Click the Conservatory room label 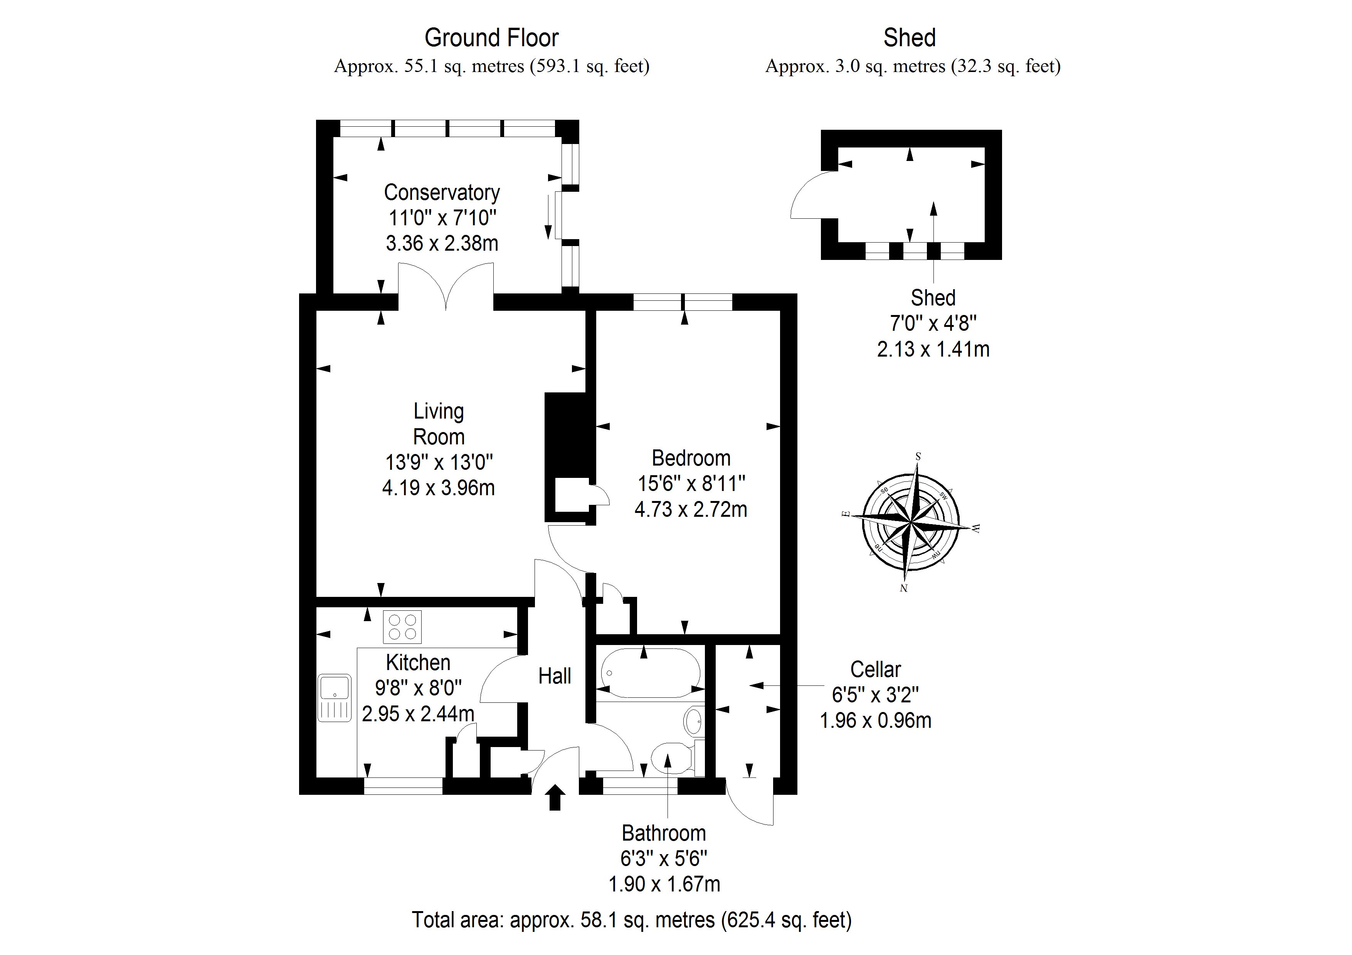[x=442, y=193]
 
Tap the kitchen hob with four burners [x=402, y=627]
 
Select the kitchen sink [x=335, y=698]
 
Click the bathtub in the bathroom [x=650, y=673]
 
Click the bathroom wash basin [x=694, y=720]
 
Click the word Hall [x=555, y=676]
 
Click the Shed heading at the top [x=909, y=38]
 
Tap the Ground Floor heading [x=491, y=38]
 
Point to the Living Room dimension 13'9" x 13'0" [x=439, y=462]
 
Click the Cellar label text [x=875, y=670]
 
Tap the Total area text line [x=631, y=919]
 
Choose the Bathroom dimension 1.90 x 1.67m [x=664, y=884]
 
